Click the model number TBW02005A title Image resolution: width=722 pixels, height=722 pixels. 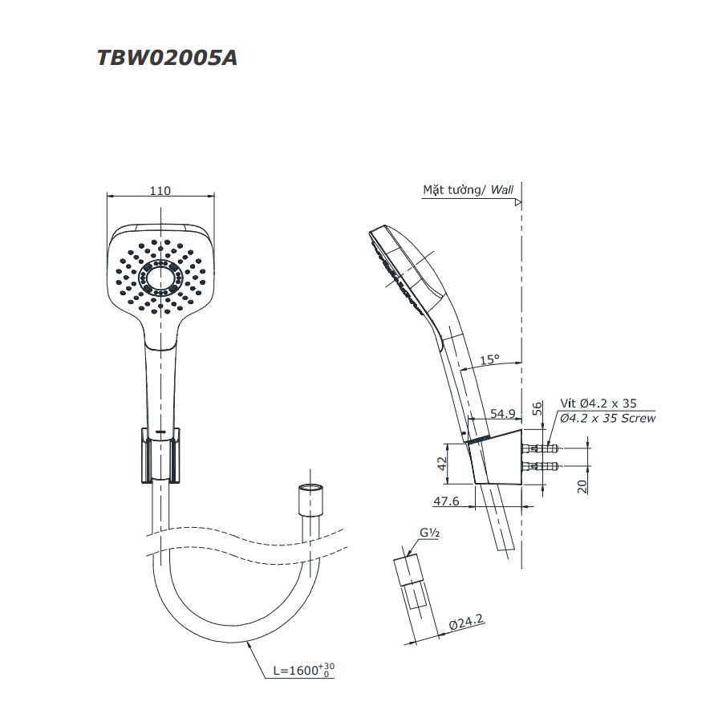coord(167,59)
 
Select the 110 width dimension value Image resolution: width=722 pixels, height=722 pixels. coord(160,190)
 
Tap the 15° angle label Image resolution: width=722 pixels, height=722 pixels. coord(489,359)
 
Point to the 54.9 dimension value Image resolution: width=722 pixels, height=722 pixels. coord(502,413)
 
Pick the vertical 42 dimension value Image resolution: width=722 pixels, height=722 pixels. coord(441,464)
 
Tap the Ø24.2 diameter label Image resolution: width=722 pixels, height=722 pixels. coord(467,622)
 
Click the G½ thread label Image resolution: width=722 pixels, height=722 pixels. coord(430,533)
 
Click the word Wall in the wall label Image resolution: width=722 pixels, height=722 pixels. coord(502,190)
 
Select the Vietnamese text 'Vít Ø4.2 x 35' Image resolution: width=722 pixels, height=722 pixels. coord(598,404)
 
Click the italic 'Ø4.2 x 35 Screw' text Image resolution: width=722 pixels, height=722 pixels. coord(607,418)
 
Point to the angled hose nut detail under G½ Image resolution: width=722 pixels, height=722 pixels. coord(416,585)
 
